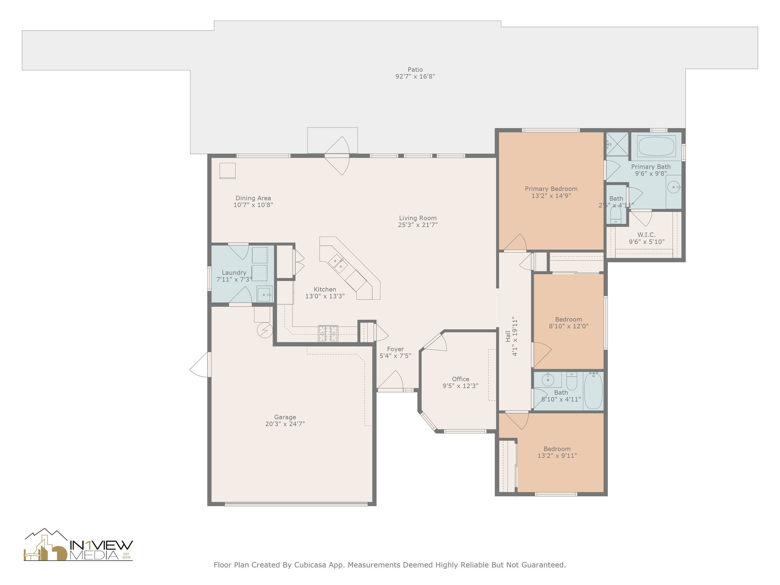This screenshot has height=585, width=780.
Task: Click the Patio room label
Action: pos(415,70)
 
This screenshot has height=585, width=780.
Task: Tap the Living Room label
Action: pos(418,218)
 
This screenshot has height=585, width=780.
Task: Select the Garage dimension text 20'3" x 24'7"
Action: pos(285,424)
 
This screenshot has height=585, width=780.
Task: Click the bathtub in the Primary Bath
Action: pos(656,147)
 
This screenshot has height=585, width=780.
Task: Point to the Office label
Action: pos(460,379)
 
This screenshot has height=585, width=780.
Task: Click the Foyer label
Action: pos(395,349)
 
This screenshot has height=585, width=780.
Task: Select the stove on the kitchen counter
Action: pos(328,333)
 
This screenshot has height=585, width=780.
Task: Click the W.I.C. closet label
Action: pos(646,235)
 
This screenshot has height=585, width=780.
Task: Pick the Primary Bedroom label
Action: pos(551,189)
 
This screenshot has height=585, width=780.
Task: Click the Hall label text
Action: pos(508,336)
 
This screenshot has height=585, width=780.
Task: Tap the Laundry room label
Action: pos(234,273)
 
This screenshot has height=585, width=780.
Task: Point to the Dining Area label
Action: pos(253,198)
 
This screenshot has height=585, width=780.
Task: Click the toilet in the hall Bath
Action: pos(572,380)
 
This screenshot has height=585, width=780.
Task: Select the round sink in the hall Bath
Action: pos(548,379)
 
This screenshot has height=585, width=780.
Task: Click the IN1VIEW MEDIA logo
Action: pos(78,545)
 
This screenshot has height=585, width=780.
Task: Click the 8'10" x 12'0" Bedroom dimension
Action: pos(569,326)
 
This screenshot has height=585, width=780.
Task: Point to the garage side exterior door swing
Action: pos(200,364)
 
